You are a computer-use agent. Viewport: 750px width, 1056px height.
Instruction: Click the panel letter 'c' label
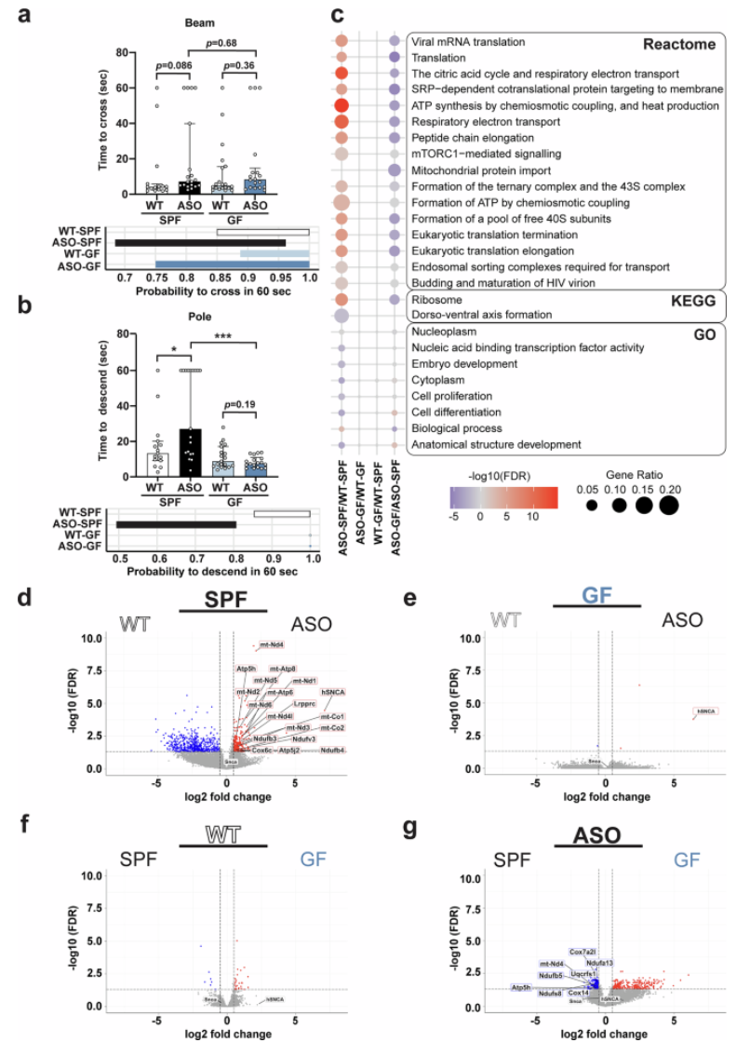tap(338, 16)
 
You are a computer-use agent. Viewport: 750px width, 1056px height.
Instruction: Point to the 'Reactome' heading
tap(681, 44)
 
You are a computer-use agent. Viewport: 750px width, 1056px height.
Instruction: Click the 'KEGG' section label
tap(693, 300)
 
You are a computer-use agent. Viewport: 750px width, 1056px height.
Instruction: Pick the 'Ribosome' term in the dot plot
tap(436, 299)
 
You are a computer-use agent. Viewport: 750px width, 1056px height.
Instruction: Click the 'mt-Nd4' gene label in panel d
tap(272, 644)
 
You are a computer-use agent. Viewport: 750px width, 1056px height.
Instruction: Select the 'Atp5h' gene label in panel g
tap(521, 986)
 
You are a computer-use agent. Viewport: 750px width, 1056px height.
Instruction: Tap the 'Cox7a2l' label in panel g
tap(583, 952)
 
